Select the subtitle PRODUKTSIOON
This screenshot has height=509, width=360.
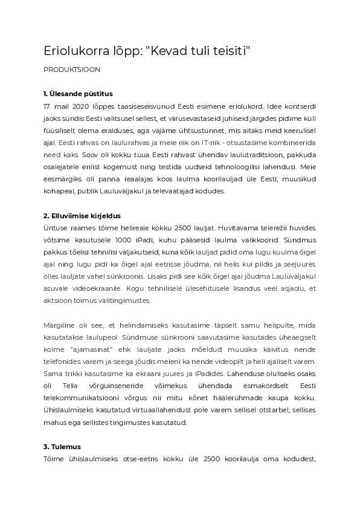coord(72,70)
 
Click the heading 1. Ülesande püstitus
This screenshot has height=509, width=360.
coord(78,94)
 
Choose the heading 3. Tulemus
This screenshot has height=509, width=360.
coord(62,447)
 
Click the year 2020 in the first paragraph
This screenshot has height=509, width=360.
coord(82,105)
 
